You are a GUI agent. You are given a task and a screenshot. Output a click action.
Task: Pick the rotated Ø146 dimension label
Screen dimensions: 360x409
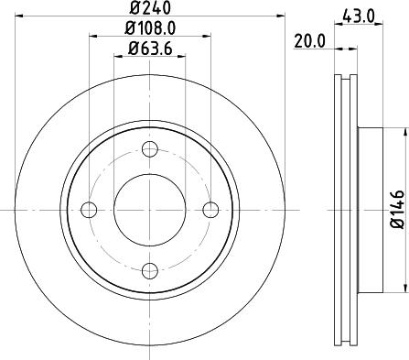tap(397, 208)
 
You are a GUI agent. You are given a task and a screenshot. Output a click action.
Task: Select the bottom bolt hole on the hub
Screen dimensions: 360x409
tap(150, 269)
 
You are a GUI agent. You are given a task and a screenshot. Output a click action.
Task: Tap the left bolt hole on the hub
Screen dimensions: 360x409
tap(90, 210)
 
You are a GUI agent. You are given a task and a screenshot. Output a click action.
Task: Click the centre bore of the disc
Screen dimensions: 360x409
tap(150, 210)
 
